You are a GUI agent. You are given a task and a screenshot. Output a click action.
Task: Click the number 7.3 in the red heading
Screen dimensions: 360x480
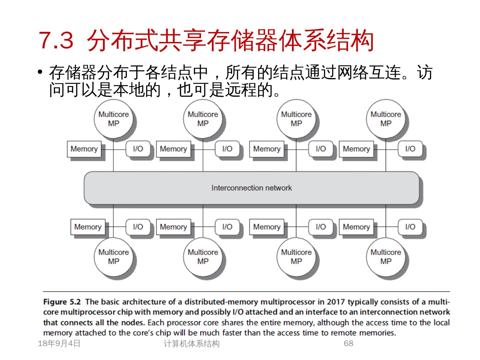[56, 40]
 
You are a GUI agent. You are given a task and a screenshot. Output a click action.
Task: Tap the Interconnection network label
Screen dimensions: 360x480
[251, 188]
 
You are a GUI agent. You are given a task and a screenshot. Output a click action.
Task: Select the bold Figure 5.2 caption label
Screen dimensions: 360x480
[62, 302]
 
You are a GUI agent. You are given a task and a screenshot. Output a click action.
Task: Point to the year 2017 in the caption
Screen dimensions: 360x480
[336, 302]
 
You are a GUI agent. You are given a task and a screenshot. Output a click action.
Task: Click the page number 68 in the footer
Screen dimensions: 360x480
[348, 343]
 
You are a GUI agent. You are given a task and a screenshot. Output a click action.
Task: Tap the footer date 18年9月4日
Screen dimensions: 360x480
[59, 343]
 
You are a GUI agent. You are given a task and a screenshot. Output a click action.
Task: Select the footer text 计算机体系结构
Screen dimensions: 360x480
[192, 344]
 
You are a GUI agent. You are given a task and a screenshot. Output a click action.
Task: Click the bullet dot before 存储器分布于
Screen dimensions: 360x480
[41, 72]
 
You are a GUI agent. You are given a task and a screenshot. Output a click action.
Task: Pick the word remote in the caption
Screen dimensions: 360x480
[347, 333]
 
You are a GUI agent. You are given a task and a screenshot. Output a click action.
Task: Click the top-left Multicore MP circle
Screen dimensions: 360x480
[114, 119]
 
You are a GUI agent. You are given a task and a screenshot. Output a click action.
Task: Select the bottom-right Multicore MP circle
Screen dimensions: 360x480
[386, 257]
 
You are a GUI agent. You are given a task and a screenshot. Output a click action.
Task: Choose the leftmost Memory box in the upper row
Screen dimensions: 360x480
[84, 149]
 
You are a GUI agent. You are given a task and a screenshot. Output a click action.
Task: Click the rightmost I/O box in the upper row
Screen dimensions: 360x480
[410, 149]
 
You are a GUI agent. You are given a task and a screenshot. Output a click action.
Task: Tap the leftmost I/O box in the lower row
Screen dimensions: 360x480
[138, 227]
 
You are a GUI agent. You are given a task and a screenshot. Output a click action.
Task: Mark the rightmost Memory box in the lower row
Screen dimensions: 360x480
[356, 227]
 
